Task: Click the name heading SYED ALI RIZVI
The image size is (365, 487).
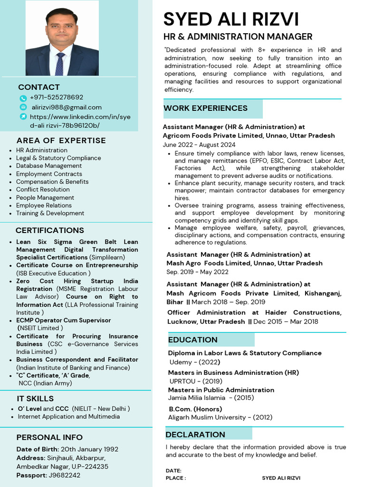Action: [x=231, y=19]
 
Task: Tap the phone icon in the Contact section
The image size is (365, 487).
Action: [x=23, y=98]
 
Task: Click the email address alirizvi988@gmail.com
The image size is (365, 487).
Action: [x=67, y=107]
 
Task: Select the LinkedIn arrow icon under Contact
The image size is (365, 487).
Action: [x=23, y=117]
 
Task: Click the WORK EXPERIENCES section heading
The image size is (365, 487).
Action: [x=205, y=108]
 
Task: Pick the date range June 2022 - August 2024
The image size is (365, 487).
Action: [x=199, y=145]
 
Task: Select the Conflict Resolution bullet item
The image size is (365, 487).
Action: [x=43, y=189]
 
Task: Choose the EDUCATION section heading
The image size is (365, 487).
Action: [x=192, y=340]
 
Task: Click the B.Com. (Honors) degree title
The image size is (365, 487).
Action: [x=195, y=409]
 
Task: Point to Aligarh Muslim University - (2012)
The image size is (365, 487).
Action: [x=220, y=417]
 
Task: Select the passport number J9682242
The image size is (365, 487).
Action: [x=64, y=475]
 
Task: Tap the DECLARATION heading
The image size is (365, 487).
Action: [x=195, y=434]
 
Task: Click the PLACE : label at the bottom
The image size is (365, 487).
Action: [x=176, y=478]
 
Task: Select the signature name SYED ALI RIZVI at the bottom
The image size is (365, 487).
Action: [x=281, y=478]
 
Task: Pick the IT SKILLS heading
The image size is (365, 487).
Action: [x=36, y=399]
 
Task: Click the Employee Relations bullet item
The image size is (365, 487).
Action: [x=44, y=205]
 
